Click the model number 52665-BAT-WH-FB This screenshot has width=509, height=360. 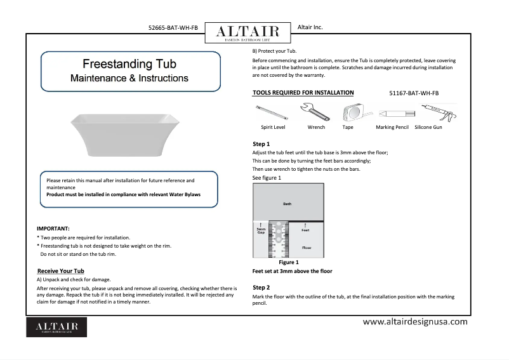pyautogui.click(x=173, y=29)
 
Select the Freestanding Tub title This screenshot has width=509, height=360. pyautogui.click(x=129, y=64)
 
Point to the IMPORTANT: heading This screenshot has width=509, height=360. pyautogui.click(x=53, y=228)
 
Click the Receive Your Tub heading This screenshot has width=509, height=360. pyautogui.click(x=62, y=271)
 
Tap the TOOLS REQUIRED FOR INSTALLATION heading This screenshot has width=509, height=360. pyautogui.click(x=303, y=93)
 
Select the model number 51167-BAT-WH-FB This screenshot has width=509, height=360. pyautogui.click(x=414, y=93)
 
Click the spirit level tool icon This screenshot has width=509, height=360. pyautogui.click(x=270, y=114)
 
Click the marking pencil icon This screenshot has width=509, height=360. pyautogui.click(x=391, y=114)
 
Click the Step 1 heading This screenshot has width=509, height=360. pyautogui.click(x=261, y=144)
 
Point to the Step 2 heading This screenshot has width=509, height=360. pyautogui.click(x=261, y=288)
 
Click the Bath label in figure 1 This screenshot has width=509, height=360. pyautogui.click(x=287, y=203)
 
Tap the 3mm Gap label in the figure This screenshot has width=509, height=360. pyautogui.click(x=260, y=231)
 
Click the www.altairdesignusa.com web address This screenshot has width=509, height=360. pyautogui.click(x=415, y=321)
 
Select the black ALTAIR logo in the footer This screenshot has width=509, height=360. pyautogui.click(x=56, y=326)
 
